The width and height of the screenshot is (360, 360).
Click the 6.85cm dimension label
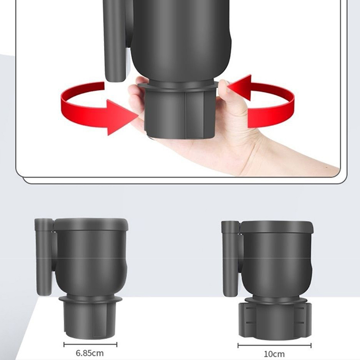[x=90, y=353]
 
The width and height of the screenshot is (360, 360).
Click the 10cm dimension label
[x=274, y=354]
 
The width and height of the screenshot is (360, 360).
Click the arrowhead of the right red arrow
[x=240, y=87]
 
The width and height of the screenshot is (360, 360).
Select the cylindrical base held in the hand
[x=180, y=114]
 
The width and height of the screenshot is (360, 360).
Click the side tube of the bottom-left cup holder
[x=44, y=256]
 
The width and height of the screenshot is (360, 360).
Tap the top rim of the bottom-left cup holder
[x=91, y=224]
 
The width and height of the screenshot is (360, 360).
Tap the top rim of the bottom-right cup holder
[x=276, y=227]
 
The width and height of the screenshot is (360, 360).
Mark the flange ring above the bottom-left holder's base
[x=90, y=299]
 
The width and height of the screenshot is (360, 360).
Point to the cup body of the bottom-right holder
[x=277, y=264]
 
